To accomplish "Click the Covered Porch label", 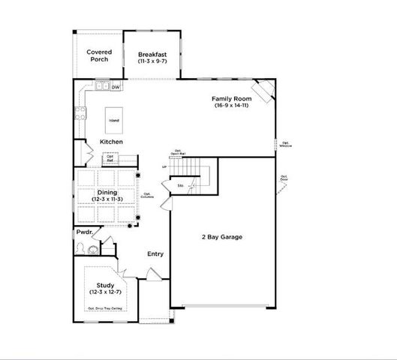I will (x=99, y=55).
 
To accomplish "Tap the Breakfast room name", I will (x=152, y=55).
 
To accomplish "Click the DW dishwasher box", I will (x=116, y=87).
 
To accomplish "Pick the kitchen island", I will (x=113, y=120).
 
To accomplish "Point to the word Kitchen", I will (x=112, y=142).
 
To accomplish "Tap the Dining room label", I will (x=107, y=193).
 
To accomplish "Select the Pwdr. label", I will (x=83, y=232).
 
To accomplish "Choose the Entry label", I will (x=155, y=253).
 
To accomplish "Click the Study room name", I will (x=104, y=285).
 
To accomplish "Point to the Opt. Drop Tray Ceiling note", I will (x=104, y=308).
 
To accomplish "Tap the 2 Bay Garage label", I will (x=221, y=237).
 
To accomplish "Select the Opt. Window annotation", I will (x=286, y=144).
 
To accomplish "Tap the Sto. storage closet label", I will (x=180, y=185).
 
